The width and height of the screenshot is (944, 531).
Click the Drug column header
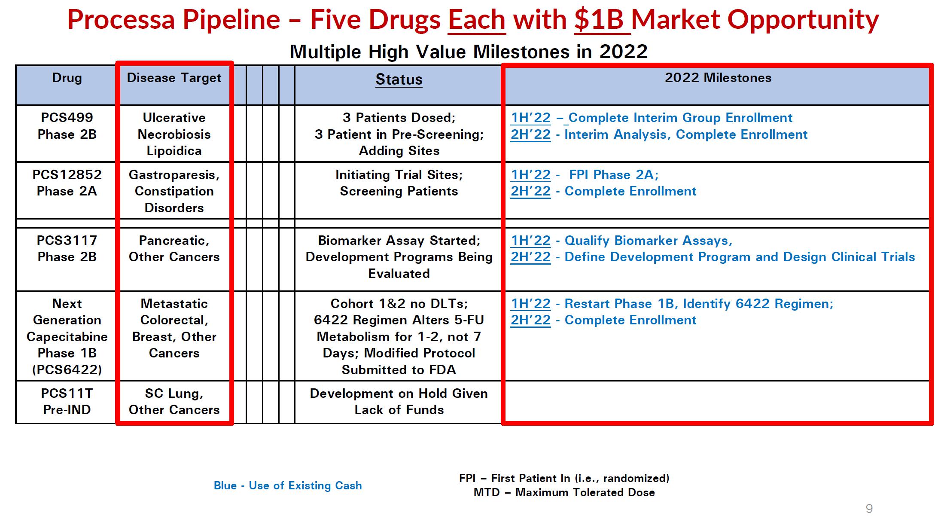67,78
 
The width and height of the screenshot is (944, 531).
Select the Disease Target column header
174,78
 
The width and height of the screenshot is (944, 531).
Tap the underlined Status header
399,80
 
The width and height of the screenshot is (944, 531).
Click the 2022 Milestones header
718,78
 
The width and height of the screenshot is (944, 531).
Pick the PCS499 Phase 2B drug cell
67,126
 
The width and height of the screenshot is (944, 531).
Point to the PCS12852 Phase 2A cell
67,183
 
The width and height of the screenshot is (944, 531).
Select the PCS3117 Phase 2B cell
67,249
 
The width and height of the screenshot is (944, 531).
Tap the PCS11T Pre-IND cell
67,402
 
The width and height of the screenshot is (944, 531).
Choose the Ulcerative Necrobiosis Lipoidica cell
174,134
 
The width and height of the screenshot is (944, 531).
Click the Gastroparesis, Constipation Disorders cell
174,191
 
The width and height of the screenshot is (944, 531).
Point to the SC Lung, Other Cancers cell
174,402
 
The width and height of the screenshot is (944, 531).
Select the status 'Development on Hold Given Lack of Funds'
399,402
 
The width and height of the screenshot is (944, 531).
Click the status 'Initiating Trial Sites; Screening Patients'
399,183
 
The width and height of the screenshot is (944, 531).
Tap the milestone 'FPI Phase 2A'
613,175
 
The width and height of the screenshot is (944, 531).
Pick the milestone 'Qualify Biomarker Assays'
648,241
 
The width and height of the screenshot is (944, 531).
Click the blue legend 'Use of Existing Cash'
288,485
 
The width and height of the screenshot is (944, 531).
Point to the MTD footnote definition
564,492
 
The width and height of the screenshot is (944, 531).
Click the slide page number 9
869,509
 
